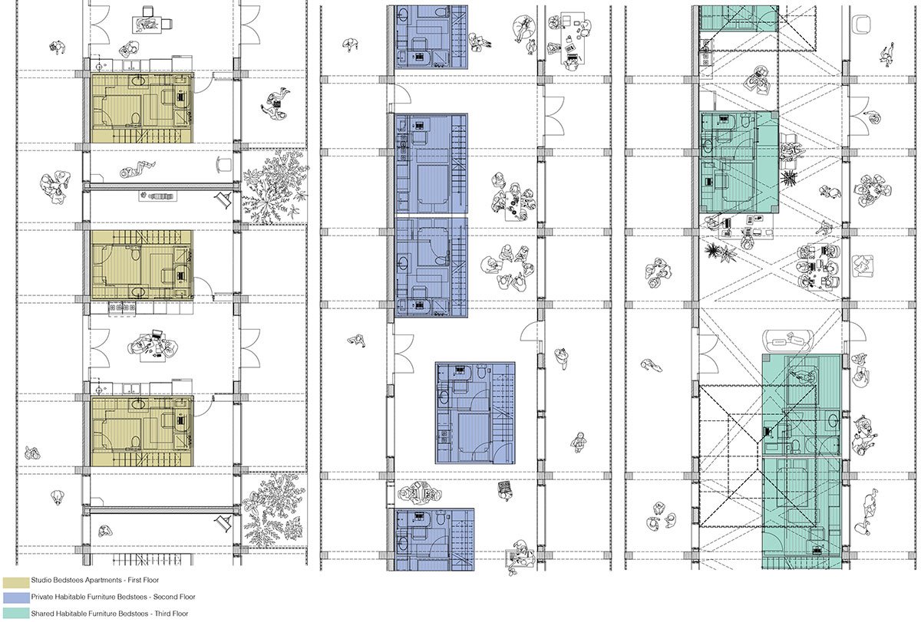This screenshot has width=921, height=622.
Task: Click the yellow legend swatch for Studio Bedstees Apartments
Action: click(16, 582)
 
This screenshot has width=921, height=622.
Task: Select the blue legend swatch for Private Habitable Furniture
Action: click(16, 597)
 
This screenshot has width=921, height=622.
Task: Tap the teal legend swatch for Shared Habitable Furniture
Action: click(16, 614)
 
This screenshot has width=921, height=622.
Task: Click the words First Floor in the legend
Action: click(143, 580)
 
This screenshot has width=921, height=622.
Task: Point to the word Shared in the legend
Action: click(42, 614)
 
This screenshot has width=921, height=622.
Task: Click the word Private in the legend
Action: click(42, 597)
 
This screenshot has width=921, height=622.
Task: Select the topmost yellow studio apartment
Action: click(142, 108)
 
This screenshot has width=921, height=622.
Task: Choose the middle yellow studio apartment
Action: click(142, 265)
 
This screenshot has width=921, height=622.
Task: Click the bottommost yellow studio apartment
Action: click(142, 431)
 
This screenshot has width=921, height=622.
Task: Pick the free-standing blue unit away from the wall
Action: click(475, 413)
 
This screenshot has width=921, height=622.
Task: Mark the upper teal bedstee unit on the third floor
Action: click(739, 162)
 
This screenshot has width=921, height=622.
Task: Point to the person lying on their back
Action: click(137, 169)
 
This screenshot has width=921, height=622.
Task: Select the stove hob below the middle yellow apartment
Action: click(122, 308)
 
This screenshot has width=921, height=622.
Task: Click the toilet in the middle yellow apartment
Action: click(135, 255)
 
